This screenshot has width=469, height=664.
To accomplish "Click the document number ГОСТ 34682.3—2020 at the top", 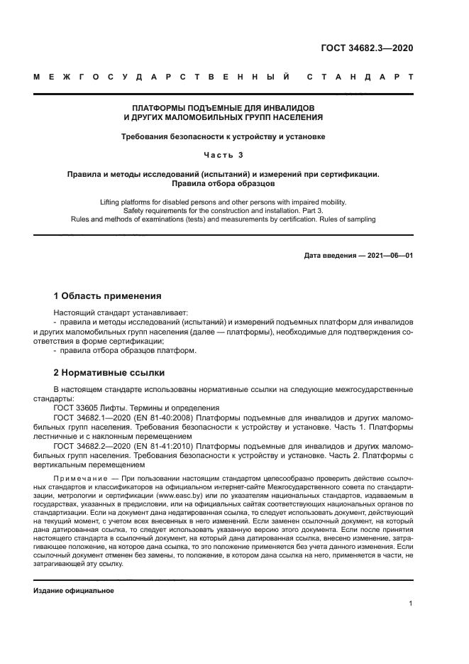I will [x=366, y=48].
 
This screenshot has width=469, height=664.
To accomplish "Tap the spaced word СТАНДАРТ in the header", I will [x=359, y=77].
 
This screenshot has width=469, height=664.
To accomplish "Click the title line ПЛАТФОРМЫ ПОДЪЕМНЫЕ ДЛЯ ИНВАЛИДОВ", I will [x=224, y=108].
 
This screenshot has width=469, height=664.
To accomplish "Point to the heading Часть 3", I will [x=224, y=154].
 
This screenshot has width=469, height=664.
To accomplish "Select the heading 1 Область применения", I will [x=108, y=295].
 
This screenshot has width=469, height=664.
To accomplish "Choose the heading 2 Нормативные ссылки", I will [x=109, y=372].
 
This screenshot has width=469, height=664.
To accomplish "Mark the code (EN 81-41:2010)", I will [x=170, y=446].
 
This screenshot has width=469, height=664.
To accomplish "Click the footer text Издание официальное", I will [x=74, y=591].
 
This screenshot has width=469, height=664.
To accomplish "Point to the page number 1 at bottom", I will [x=411, y=603].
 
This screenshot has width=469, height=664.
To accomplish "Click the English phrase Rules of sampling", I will [x=343, y=219].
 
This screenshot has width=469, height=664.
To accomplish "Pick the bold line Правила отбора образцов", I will [x=224, y=183].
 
